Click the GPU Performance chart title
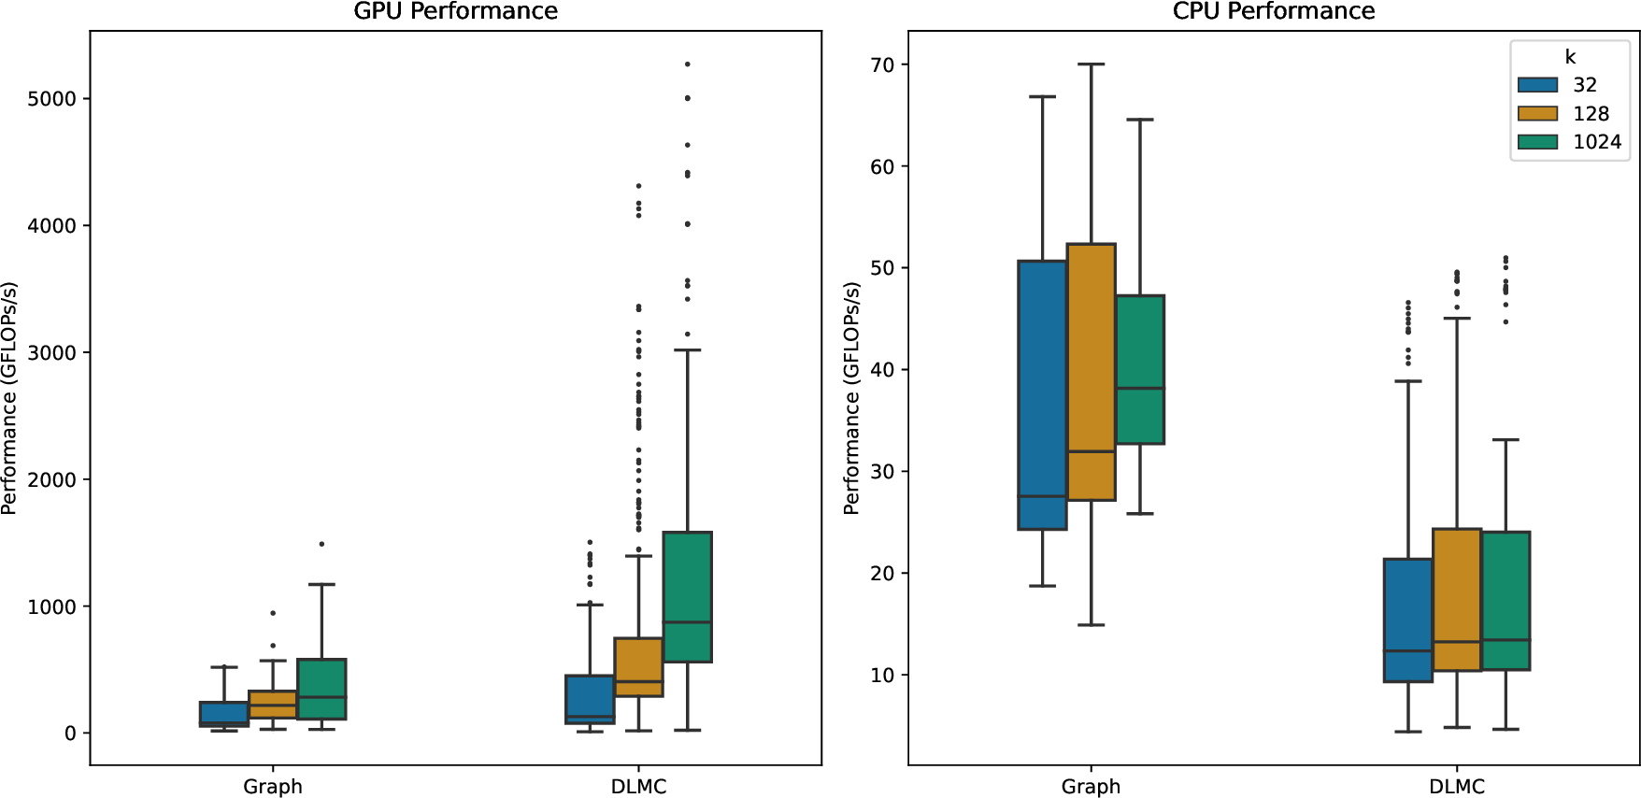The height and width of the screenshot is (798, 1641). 455,11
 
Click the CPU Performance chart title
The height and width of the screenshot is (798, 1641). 1273,11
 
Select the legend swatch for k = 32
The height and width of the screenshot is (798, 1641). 1537,85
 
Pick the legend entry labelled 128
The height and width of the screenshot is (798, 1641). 1591,114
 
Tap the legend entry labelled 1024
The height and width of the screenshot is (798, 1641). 1596,142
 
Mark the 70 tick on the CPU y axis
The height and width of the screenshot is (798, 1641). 882,65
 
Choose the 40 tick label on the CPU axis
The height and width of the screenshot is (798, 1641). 882,370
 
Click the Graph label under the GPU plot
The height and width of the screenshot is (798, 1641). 272,787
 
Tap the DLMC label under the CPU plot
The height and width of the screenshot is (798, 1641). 1456,787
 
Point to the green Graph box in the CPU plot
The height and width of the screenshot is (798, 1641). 1140,369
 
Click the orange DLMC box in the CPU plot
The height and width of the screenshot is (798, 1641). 1457,599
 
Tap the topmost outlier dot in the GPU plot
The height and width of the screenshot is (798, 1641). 688,64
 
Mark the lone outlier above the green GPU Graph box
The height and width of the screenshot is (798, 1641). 321,544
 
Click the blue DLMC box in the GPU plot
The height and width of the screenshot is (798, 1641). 590,699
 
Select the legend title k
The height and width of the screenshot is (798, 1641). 1570,57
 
